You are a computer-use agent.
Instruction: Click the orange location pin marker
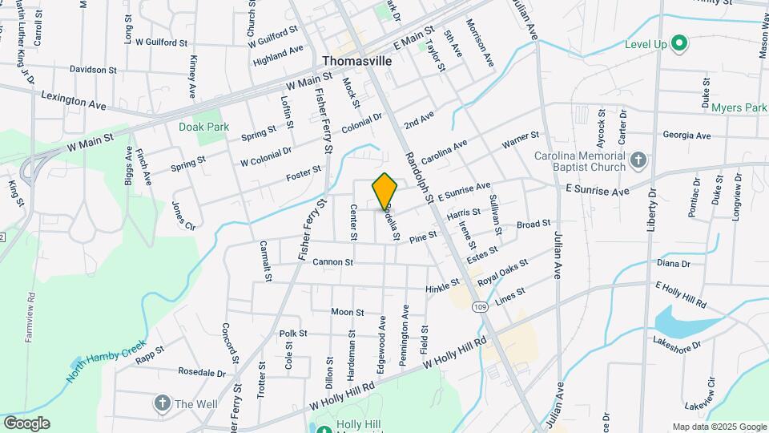pyautogui.click(x=384, y=191)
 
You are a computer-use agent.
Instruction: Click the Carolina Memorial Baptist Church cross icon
pyautogui.click(x=638, y=160)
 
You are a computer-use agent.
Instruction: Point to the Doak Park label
pyautogui.click(x=204, y=127)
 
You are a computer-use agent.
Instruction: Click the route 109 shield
pyautogui.click(x=480, y=307)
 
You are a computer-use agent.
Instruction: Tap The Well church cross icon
pyautogui.click(x=163, y=403)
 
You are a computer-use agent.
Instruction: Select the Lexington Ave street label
pyautogui.click(x=74, y=100)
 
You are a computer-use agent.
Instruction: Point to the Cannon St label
pyautogui.click(x=333, y=262)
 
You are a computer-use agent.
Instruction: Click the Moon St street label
pyautogui.click(x=348, y=312)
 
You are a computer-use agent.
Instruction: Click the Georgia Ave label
pyautogui.click(x=686, y=136)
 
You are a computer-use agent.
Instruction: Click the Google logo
pyautogui.click(x=26, y=423)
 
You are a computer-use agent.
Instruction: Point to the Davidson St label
pyautogui.click(x=93, y=69)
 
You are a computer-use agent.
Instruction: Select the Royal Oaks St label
pyautogui.click(x=503, y=273)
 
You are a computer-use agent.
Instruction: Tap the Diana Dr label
pyautogui.click(x=673, y=263)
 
